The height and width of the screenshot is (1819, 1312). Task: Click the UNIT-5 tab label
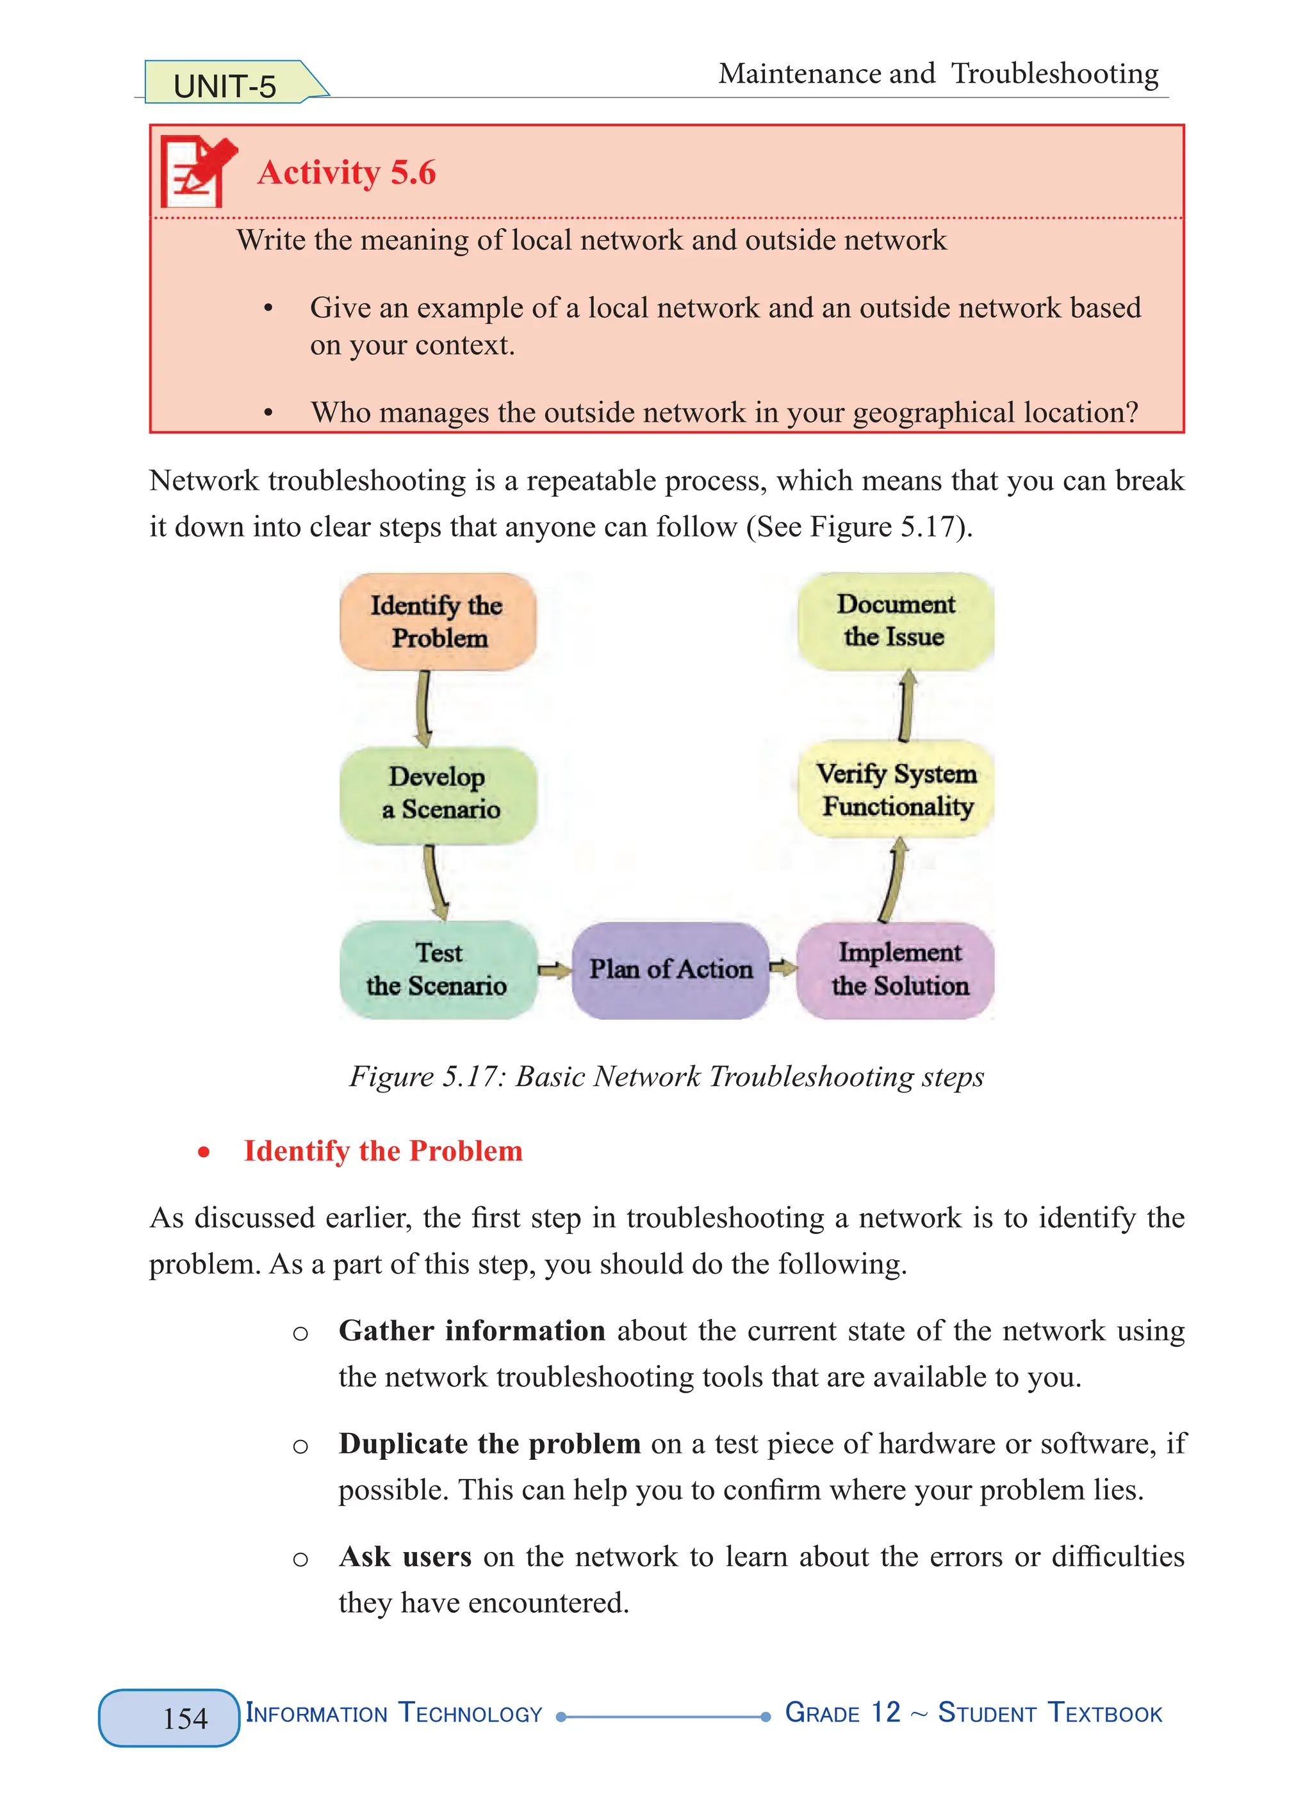tap(225, 85)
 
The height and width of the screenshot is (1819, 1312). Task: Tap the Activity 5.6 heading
tap(346, 172)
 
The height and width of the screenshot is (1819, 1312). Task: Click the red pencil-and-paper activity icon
tap(197, 171)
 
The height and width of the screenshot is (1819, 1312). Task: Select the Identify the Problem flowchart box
tap(438, 622)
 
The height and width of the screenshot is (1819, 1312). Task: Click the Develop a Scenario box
tap(438, 793)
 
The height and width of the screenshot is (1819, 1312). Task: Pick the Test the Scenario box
tap(438, 969)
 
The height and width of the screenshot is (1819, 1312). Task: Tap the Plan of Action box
tap(670, 969)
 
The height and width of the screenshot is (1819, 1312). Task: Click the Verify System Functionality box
tap(896, 790)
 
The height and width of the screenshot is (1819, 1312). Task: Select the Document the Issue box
tap(896, 621)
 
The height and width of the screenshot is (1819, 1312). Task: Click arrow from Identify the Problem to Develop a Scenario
tap(423, 708)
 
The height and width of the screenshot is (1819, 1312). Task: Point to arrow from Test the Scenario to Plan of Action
tap(553, 971)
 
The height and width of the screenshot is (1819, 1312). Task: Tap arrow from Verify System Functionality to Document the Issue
tap(906, 706)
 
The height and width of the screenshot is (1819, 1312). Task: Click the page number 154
tap(185, 1718)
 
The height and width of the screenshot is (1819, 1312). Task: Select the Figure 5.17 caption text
tap(666, 1076)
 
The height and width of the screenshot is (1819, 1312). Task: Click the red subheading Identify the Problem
tap(382, 1151)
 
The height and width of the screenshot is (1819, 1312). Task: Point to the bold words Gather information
tap(472, 1330)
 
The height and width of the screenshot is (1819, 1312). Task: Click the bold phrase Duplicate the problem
tap(489, 1444)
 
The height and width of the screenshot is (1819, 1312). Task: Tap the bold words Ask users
tap(406, 1556)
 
